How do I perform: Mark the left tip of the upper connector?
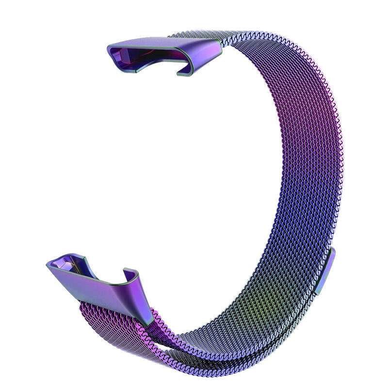coord(109,48)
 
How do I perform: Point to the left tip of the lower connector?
coord(48,264)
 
